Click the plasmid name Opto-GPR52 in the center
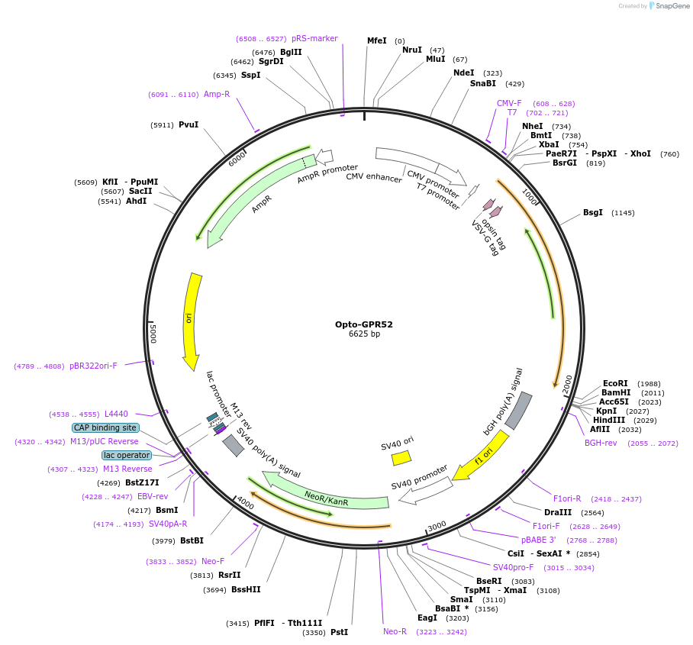(x=363, y=324)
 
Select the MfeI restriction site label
(x=377, y=40)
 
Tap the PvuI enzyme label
(x=189, y=124)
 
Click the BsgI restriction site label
(x=593, y=212)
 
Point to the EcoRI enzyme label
(x=615, y=383)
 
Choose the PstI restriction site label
(x=339, y=632)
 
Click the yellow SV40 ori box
(x=401, y=457)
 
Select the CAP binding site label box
(x=106, y=427)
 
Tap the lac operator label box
(x=127, y=455)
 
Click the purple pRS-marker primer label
(x=314, y=38)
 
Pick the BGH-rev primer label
(x=601, y=443)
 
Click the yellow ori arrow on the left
(x=192, y=321)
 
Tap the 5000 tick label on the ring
(x=153, y=333)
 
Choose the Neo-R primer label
(x=395, y=631)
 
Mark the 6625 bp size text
(x=364, y=334)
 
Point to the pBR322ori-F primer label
(x=93, y=366)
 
